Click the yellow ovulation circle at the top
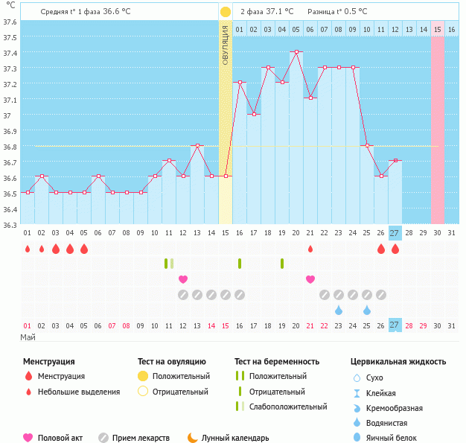[x=226, y=12]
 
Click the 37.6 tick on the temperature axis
[x=10, y=22]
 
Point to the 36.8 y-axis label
[x=10, y=147]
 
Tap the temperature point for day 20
[x=296, y=51]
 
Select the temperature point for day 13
[x=197, y=145]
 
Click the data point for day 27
[x=395, y=160]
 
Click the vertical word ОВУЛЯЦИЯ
[x=226, y=45]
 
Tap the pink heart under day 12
[x=183, y=279]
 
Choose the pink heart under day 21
[x=310, y=279]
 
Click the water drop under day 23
[x=339, y=310]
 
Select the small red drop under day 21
[x=310, y=249]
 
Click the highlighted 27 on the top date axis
[x=395, y=232]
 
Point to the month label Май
[x=28, y=337]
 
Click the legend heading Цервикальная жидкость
[x=398, y=361]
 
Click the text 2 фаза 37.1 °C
[x=266, y=12]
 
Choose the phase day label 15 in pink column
[x=438, y=29]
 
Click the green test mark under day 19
[x=282, y=264]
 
